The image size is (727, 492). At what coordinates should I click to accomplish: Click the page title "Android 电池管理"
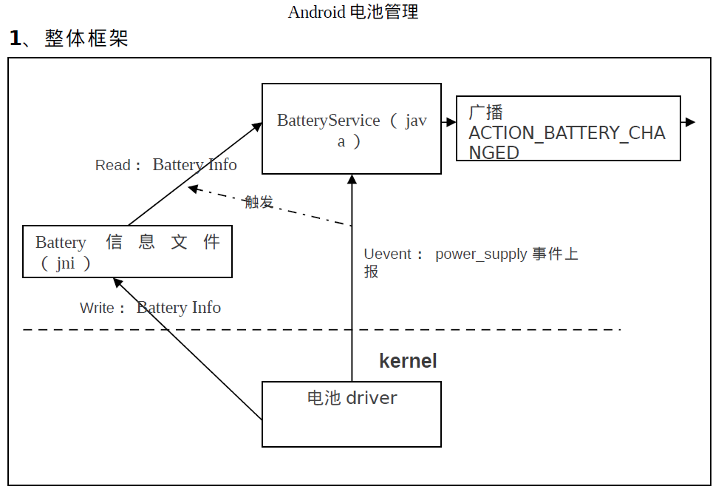coord(352,12)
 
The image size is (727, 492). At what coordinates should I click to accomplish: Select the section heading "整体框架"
coord(86,38)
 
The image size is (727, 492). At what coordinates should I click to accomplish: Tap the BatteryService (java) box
coord(352,129)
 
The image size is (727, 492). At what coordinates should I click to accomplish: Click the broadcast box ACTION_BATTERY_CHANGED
coord(567,129)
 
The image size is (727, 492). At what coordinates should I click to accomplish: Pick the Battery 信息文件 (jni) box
coord(127,252)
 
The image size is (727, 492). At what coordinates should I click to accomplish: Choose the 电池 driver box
coord(352,414)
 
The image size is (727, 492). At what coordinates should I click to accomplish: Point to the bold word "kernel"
coord(408,361)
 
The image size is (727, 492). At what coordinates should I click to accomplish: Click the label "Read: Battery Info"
coord(165,164)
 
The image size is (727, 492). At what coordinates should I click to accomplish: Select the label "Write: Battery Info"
coord(150,308)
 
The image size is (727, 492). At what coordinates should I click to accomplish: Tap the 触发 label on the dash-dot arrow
coord(259,201)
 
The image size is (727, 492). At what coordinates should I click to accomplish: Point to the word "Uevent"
coord(388,255)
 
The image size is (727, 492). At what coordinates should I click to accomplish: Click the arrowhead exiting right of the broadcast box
coord(690,122)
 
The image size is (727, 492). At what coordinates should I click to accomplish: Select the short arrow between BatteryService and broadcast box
coord(448,122)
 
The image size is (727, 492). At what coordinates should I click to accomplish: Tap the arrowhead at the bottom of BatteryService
coord(352,179)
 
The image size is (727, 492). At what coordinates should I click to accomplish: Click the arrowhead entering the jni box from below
coord(117,282)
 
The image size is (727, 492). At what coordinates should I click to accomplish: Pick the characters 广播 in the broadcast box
coord(485,112)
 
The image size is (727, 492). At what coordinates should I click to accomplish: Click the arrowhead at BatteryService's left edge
coord(258,126)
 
